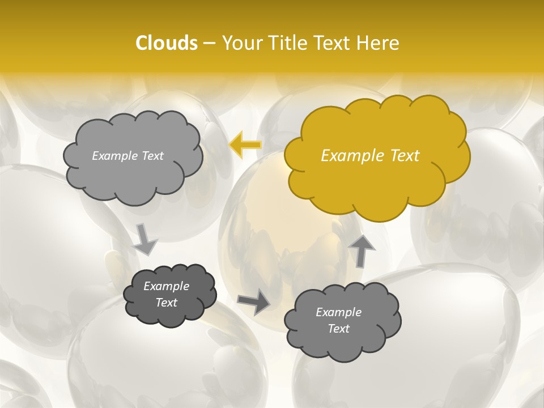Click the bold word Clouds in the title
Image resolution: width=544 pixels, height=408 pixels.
coord(166,43)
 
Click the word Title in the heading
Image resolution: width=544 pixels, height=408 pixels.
coord(285,43)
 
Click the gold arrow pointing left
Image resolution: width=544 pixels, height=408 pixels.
coord(245,145)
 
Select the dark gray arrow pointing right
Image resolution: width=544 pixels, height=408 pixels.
coord(254,301)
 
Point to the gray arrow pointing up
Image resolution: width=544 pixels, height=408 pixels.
coord(361,250)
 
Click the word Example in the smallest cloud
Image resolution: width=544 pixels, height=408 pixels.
coord(167,286)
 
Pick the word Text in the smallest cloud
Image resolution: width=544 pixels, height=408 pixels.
coord(167,303)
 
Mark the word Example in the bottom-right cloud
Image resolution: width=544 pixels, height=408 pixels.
coord(338,312)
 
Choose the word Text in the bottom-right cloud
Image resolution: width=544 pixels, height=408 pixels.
coord(338,329)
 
